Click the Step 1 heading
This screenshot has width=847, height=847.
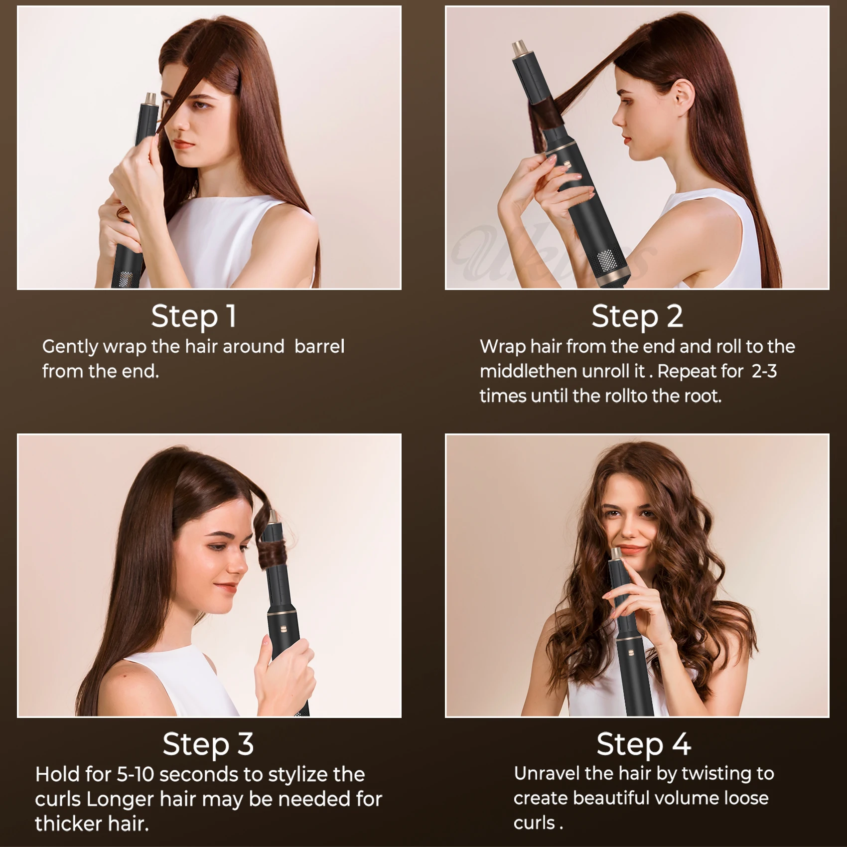[x=194, y=316]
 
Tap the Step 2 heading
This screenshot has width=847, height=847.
[x=637, y=316]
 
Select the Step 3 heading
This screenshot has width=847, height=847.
[x=208, y=744]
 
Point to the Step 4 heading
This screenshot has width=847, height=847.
[x=643, y=744]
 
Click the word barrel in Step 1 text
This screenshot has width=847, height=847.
[x=319, y=346]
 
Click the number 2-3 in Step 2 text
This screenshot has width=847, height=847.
[x=764, y=371]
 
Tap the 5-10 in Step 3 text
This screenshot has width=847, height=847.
[x=136, y=774]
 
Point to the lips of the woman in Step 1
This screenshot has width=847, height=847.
[x=184, y=144]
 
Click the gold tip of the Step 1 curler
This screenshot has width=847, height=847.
[x=150, y=99]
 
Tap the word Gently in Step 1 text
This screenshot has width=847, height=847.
[x=70, y=346]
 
